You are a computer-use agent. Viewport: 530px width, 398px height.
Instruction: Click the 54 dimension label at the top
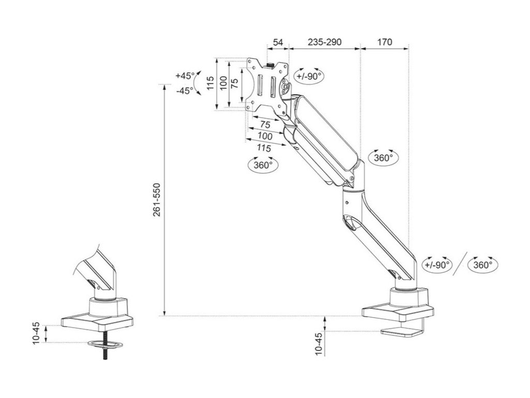click(x=278, y=42)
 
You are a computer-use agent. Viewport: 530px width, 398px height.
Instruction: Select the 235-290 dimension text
click(x=324, y=42)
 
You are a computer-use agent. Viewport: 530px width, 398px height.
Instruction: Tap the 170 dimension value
click(x=385, y=42)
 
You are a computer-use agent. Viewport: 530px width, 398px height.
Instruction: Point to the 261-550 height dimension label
click(x=157, y=200)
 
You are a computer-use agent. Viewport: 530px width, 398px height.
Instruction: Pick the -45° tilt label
click(x=185, y=90)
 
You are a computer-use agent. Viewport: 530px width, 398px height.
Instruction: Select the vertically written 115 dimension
click(x=210, y=83)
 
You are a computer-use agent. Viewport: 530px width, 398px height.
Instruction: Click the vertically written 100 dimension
click(x=223, y=83)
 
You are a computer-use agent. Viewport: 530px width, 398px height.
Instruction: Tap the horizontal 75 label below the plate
click(x=264, y=125)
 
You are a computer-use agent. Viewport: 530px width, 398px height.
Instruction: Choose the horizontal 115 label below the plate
click(x=264, y=148)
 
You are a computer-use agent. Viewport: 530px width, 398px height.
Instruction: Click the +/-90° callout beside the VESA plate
click(x=309, y=76)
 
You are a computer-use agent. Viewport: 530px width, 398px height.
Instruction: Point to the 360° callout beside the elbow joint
click(x=383, y=158)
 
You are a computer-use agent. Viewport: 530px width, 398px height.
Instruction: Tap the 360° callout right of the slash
click(x=482, y=265)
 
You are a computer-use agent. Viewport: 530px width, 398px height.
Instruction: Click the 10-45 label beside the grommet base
click(x=37, y=333)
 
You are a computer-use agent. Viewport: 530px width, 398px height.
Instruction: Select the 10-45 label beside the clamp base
click(x=319, y=343)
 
